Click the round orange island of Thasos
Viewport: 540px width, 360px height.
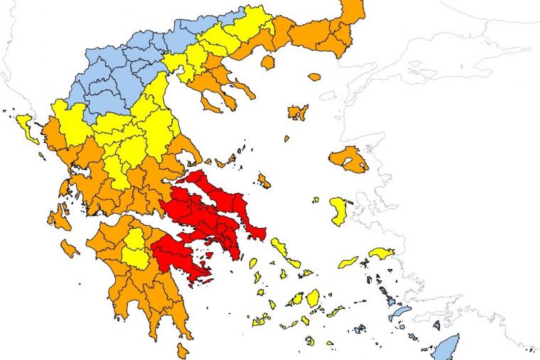268,62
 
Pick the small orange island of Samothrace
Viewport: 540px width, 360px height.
314,77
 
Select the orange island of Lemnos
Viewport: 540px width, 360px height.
297,112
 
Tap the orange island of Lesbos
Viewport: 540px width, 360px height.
348,159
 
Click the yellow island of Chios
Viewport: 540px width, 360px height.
339,209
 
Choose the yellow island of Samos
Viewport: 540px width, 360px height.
382,253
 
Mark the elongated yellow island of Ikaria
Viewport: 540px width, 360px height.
348,262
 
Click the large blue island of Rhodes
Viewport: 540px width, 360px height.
446,347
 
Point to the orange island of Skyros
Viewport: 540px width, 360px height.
264,180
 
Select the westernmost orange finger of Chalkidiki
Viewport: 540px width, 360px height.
211,105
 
